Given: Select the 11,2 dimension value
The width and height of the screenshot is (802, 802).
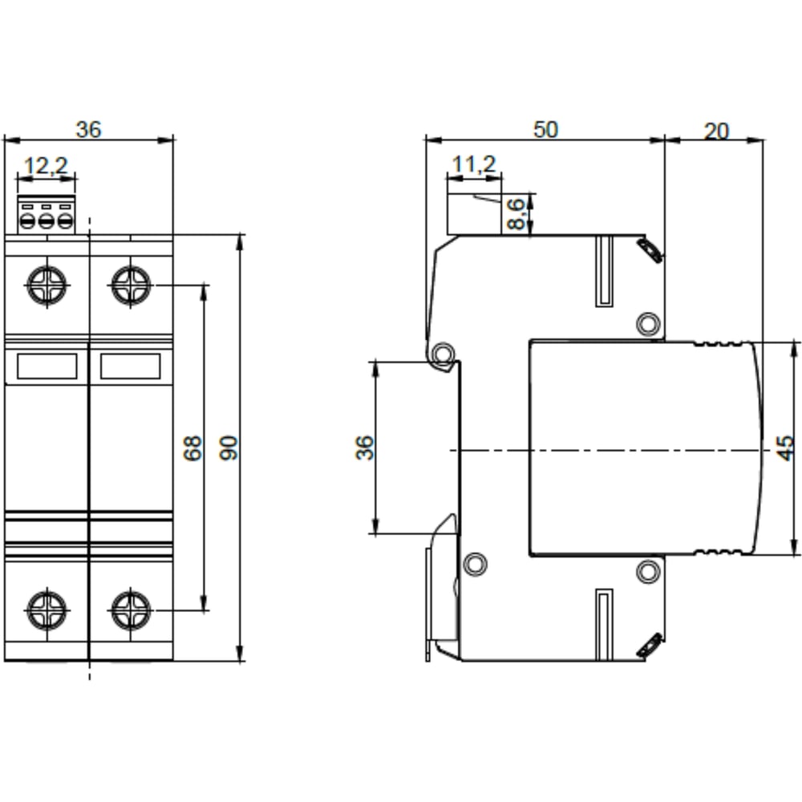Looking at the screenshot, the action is coord(474,164).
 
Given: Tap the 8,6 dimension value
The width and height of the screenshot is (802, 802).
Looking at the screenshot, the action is coord(516,214).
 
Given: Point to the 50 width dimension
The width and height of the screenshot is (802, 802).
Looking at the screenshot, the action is coord(545,129).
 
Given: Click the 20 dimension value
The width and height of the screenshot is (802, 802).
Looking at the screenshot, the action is coord(716,132).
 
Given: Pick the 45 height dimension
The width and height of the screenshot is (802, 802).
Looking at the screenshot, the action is coord(785,448).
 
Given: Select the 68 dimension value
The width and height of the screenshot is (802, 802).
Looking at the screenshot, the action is coord(192,448).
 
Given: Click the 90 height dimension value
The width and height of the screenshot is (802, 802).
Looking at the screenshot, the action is coord(229,448).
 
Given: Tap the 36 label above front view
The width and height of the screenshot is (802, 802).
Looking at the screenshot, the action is coord(88,129).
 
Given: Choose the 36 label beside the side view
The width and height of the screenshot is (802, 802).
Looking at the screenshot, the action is coord(365,448).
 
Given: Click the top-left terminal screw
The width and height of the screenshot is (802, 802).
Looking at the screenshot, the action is coord(47,286).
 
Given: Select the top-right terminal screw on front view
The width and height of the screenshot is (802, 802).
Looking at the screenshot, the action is coord(131,286).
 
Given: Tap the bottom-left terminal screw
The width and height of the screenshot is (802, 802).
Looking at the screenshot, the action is coord(47,610).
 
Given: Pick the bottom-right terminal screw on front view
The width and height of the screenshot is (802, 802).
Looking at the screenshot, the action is coord(131,610).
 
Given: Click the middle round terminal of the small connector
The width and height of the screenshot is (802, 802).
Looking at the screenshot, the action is coord(47,222).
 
